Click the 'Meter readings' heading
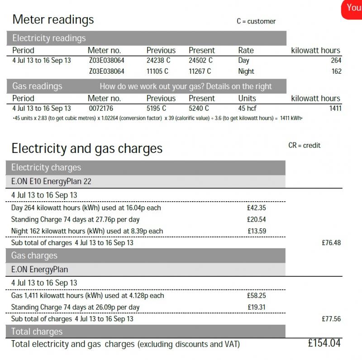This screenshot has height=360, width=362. coord(53,19)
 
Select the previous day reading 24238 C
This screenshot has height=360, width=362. coord(157,60)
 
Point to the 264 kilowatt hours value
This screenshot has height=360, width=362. coord(336,60)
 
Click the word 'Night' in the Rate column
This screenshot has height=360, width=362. coord(246,71)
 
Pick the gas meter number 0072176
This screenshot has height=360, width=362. coord(101,109)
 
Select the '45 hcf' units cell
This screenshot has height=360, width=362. coord(248,109)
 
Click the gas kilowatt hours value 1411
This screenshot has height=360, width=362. coord(334,109)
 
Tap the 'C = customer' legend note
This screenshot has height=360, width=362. coord(256,21)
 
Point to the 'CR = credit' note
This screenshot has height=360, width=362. coord(304,145)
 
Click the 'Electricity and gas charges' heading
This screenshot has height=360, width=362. coord(87,148)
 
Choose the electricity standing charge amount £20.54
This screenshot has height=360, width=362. coord(257,219)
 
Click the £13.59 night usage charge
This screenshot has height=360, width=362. coord(257,231)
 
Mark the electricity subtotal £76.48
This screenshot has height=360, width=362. coord(331,243)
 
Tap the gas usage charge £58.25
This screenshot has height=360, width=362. coord(257,295)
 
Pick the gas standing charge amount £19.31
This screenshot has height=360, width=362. coord(257,307)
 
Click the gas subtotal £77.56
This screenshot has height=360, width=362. coord(331,319)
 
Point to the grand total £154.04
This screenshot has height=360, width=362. coord(324,343)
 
